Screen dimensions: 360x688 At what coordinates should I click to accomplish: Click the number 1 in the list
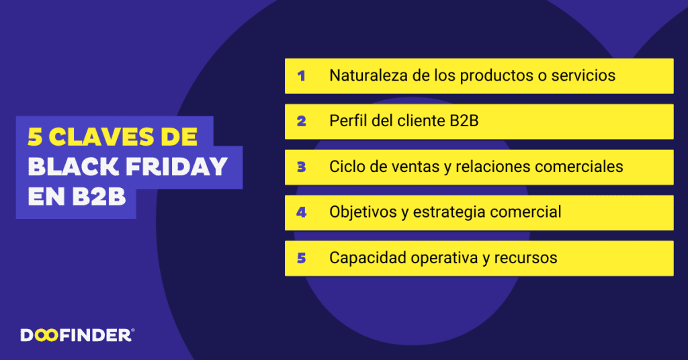pyautogui.click(x=301, y=76)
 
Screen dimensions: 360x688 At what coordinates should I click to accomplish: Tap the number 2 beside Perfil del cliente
pyautogui.click(x=301, y=122)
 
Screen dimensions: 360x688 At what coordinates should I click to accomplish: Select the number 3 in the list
pyautogui.click(x=301, y=167)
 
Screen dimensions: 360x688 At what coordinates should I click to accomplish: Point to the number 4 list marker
pyautogui.click(x=301, y=213)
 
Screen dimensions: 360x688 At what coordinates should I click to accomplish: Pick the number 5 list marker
pyautogui.click(x=301, y=259)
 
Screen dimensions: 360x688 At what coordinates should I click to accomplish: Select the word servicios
pyautogui.click(x=583, y=75)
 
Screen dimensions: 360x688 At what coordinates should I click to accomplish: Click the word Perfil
pyautogui.click(x=347, y=121)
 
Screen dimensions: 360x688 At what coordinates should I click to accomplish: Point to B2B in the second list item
pyautogui.click(x=463, y=121)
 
